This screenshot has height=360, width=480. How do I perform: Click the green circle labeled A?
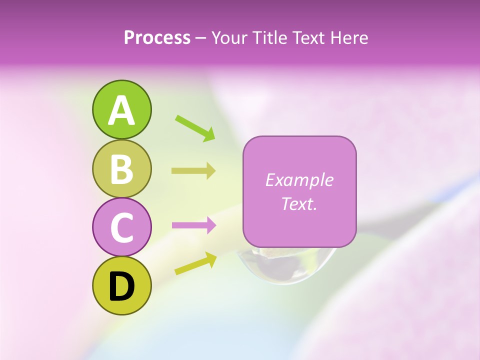(x=121, y=109)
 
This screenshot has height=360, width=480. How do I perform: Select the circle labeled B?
(x=121, y=168)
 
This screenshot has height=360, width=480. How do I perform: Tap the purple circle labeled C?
(x=121, y=227)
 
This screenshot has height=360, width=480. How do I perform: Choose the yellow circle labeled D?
(x=121, y=286)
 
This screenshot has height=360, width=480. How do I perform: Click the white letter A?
(x=121, y=110)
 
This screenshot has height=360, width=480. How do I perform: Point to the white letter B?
(x=121, y=169)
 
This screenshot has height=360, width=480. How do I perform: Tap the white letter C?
(x=121, y=228)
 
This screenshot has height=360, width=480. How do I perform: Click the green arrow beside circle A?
(x=195, y=127)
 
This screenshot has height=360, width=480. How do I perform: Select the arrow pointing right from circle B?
(x=193, y=171)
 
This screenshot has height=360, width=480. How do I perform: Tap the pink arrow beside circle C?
(x=193, y=225)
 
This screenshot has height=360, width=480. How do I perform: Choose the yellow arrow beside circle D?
(x=195, y=263)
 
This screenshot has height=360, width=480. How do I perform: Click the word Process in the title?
(x=157, y=38)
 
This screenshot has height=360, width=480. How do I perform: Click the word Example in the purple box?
(x=299, y=180)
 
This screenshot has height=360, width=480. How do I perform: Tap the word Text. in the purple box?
(x=299, y=203)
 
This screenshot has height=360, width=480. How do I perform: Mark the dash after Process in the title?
(x=201, y=38)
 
